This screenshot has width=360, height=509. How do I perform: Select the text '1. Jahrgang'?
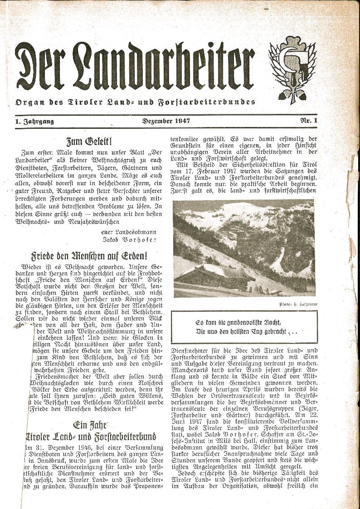coord(34,121)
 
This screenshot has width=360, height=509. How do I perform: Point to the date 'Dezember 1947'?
coord(166,121)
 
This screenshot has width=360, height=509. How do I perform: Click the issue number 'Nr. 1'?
coord(308,121)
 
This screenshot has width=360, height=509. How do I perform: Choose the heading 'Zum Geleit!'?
coord(89,141)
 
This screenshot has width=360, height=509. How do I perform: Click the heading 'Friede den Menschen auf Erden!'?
coord(89,255)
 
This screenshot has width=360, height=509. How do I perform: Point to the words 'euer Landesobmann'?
coord(129,232)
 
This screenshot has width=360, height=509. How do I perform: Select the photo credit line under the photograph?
coord(294,303)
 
